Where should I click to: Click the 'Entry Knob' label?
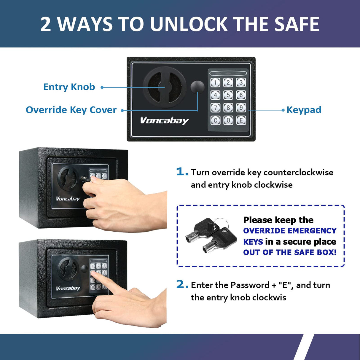69,87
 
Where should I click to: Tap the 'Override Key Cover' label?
71,110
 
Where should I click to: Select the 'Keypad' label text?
304,110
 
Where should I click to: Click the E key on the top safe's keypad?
241,120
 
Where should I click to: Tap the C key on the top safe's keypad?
215,120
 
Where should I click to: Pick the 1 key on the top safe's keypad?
215,82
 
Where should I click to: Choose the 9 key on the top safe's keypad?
241,107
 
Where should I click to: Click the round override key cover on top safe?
197,87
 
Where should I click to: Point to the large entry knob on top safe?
165,87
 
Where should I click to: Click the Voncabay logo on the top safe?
164,120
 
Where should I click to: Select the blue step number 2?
182,284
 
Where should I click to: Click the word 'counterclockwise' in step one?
298,172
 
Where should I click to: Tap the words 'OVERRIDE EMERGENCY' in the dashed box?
290,231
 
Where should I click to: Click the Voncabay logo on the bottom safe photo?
68,288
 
